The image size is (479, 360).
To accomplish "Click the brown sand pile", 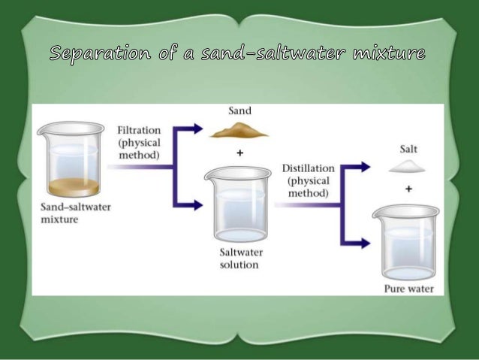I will coord(238,132).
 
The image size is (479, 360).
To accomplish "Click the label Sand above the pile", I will coord(239,111).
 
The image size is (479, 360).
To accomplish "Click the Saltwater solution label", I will coord(239,258).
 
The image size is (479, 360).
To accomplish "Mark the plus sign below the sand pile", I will coord(239,153).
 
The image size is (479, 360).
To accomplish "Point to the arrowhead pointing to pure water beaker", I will coord(365,242).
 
